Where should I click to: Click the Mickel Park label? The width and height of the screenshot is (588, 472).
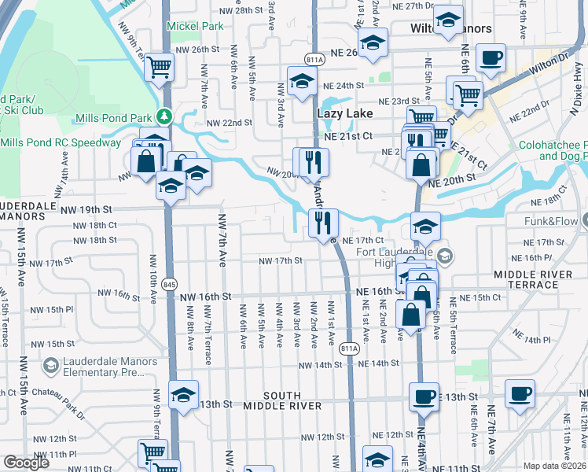click(x=195, y=26)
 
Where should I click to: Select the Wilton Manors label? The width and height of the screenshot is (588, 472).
click(x=452, y=29)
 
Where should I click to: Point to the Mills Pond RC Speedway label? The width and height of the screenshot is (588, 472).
click(x=61, y=142)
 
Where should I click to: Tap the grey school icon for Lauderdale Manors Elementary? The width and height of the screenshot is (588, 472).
click(x=51, y=366)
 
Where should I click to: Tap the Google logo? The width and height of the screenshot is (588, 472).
click(x=26, y=463)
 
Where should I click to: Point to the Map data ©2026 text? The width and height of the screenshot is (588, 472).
click(x=555, y=466)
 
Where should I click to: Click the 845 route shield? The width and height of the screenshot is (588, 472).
click(x=169, y=283)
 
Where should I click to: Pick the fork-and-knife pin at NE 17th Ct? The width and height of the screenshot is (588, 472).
click(x=323, y=223)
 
